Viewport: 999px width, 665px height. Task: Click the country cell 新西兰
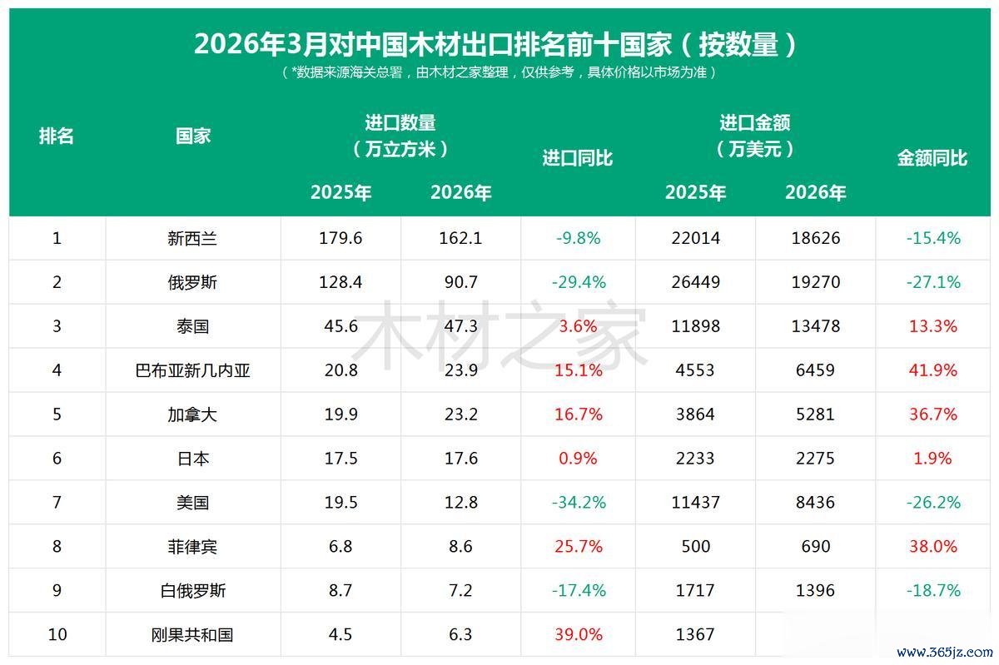(x=192, y=239)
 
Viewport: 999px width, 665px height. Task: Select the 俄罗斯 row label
(x=192, y=283)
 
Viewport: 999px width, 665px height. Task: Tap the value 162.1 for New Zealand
(x=460, y=239)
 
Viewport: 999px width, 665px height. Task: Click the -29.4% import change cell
(x=579, y=283)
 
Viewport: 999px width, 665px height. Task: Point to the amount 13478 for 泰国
(x=815, y=326)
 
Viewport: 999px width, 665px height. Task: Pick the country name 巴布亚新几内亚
(x=192, y=370)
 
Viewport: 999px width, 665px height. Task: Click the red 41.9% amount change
(x=933, y=370)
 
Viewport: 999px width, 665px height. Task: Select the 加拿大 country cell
(x=192, y=414)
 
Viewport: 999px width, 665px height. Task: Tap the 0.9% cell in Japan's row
(x=579, y=459)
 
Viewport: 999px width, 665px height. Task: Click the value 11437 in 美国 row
(x=695, y=503)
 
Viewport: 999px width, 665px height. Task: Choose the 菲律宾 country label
(x=192, y=547)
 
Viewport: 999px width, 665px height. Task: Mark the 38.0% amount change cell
(x=933, y=547)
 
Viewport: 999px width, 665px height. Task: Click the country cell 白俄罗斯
(x=192, y=591)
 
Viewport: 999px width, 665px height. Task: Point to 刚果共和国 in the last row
(x=192, y=635)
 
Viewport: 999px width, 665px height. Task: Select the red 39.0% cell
(x=579, y=635)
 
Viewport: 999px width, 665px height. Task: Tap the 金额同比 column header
(x=932, y=158)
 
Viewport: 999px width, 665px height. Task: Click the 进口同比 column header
(x=578, y=158)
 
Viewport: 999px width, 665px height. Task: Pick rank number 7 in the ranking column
(x=57, y=503)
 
